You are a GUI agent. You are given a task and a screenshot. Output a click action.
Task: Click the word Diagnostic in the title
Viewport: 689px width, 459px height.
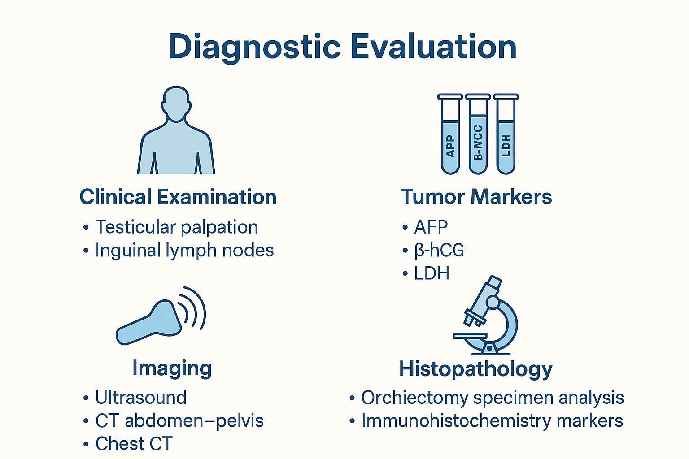tap(254, 47)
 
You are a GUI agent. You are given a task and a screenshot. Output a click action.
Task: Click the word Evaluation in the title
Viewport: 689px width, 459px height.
tap(433, 47)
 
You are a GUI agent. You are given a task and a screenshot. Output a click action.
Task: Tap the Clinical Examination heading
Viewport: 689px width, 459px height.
tap(178, 197)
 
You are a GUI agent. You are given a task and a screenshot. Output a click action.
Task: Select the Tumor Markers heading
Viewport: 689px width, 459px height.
tap(476, 197)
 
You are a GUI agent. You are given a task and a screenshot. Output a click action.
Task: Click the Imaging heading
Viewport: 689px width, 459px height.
tap(172, 368)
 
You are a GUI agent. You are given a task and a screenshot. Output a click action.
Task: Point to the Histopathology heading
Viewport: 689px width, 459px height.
tap(476, 369)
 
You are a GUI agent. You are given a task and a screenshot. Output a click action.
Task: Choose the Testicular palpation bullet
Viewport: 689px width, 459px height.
tap(176, 227)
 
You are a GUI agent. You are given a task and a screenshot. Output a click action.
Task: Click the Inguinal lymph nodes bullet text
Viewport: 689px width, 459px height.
tap(184, 251)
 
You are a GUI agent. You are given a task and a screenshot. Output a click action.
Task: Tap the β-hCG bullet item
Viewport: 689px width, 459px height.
tap(439, 251)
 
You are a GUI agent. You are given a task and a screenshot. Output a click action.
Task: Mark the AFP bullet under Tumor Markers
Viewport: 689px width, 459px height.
tap(431, 227)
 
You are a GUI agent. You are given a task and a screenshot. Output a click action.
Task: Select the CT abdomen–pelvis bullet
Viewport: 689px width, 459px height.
tap(179, 421)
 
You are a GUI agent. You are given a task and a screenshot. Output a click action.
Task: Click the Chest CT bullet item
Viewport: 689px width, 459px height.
tap(134, 444)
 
